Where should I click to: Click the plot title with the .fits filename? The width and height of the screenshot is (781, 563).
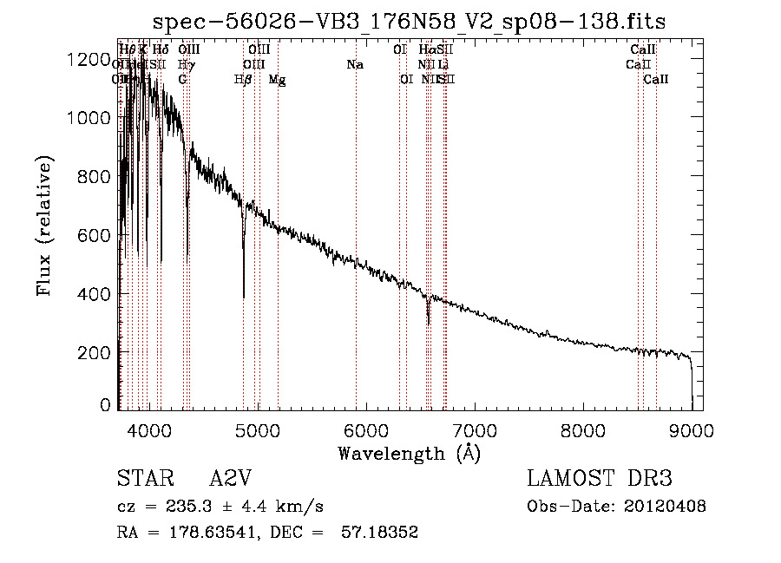tap(410, 21)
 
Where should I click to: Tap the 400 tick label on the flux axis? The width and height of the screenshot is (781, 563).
tap(97, 294)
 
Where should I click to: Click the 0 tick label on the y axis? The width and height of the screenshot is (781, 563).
tap(106, 405)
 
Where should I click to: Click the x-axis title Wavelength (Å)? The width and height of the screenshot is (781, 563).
tap(410, 453)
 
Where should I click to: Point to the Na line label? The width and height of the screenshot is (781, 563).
tap(354, 65)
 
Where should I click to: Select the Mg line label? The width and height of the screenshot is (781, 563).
tap(278, 80)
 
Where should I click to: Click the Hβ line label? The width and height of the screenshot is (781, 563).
tap(243, 80)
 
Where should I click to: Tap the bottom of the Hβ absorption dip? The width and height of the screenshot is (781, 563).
tap(244, 297)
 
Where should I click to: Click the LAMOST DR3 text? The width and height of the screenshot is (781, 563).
tap(600, 480)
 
